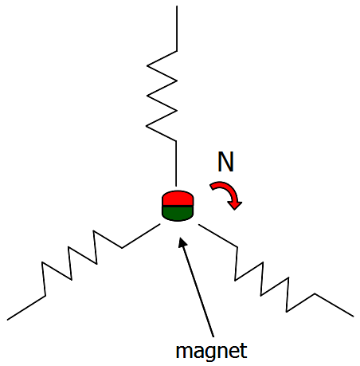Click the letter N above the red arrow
tap(225, 162)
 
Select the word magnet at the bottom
tap(212, 352)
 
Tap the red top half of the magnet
tap(178, 199)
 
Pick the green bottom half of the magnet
tap(178, 214)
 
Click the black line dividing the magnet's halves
tap(178, 206)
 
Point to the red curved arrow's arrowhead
tap(234, 205)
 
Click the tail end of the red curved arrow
tap(212, 187)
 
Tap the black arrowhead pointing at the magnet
tap(182, 242)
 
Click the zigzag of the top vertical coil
tap(162, 96)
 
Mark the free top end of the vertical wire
tap(177, 6)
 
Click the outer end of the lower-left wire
tap(8, 319)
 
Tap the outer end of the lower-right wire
tap(353, 316)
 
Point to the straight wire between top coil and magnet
tap(176, 163)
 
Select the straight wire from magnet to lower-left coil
tap(141, 236)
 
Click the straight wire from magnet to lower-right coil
tap(218, 236)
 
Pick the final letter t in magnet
tap(244, 351)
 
